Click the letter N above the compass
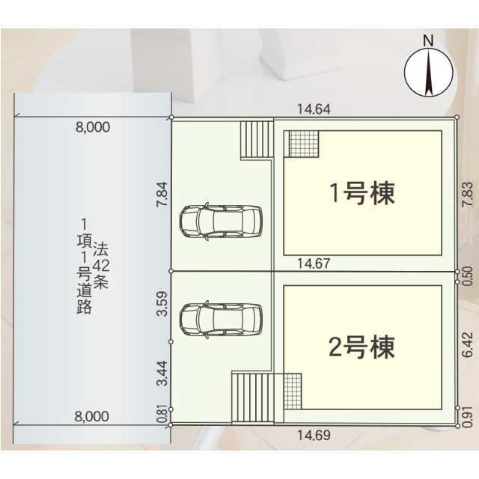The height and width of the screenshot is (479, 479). point(429,40)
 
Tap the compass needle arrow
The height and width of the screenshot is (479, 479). point(429,73)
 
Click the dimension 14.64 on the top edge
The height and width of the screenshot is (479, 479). point(314,109)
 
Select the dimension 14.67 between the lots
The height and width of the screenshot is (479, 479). point(314,263)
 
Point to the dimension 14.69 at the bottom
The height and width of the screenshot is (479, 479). point(314,436)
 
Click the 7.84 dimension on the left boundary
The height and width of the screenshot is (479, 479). point(162,195)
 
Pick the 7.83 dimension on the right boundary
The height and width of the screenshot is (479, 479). point(468,195)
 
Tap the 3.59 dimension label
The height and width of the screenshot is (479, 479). point(162,304)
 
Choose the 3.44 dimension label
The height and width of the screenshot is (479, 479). point(162,373)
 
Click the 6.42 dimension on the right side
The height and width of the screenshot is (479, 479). point(468,345)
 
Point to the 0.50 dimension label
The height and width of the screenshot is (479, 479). point(468,276)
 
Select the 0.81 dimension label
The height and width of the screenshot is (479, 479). point(162,414)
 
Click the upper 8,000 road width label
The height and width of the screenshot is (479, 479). point(93,127)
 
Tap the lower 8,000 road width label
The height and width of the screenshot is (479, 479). point(91,416)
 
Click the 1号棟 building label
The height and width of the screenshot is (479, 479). point(362,193)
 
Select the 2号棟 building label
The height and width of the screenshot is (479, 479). point(362,347)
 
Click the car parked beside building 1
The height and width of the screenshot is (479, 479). point(221,222)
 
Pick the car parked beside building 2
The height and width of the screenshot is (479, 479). point(221,320)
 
